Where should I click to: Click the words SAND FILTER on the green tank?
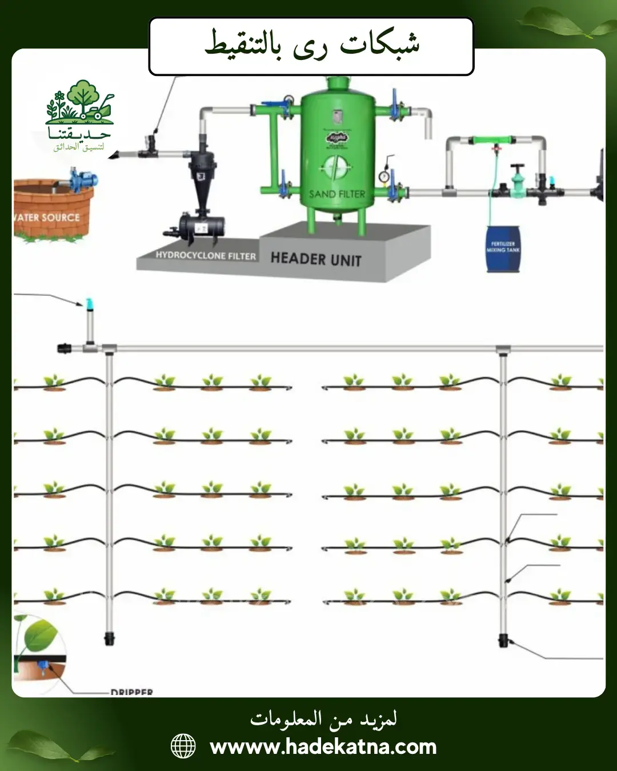point(336,194)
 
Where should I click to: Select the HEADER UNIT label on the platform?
point(316,259)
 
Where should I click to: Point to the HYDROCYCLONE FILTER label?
point(206,256)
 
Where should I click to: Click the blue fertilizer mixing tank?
point(503,249)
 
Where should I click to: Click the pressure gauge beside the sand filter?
point(385,176)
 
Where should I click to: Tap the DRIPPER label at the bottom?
point(132,692)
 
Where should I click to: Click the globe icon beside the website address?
point(183,746)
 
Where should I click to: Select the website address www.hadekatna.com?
point(323,746)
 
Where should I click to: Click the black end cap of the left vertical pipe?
point(109,638)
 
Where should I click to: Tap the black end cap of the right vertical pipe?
point(503,640)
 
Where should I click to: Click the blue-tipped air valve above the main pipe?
point(89,304)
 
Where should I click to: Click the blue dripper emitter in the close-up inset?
point(42,665)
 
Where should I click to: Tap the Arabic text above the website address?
point(323,719)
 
